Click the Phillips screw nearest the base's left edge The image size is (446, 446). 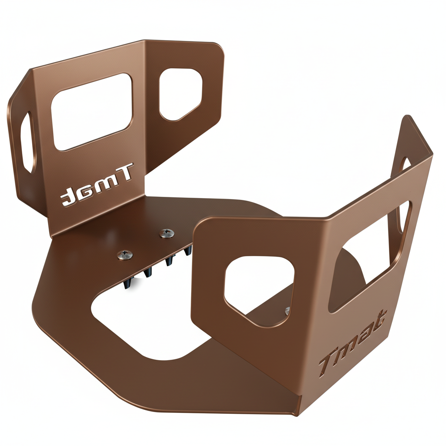pos(125,254)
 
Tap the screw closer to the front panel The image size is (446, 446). pos(166,233)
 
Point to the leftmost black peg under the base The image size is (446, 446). pos(128,284)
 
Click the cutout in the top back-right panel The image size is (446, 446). pos(180,94)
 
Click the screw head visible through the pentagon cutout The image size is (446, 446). pos(287,311)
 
